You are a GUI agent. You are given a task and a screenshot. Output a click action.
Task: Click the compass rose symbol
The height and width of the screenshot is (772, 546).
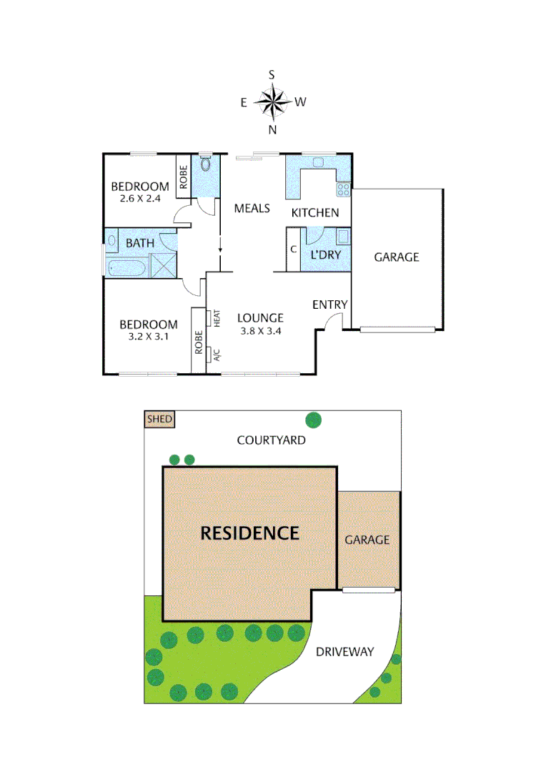coord(272,102)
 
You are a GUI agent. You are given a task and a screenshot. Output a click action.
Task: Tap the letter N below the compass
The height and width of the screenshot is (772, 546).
coord(272,129)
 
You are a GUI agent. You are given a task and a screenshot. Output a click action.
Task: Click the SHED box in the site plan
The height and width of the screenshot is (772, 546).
coord(159,419)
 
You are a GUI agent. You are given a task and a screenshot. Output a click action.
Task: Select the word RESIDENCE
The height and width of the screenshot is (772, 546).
coord(249,533)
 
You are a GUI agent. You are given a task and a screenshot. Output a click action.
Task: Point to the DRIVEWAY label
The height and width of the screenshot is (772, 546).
coord(345,652)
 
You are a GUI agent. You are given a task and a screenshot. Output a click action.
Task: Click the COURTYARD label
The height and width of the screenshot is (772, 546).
coord(271,440)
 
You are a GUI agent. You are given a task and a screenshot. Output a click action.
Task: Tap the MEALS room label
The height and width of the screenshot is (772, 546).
coord(252,208)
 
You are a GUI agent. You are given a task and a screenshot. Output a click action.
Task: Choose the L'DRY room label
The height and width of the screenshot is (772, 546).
coord(325,254)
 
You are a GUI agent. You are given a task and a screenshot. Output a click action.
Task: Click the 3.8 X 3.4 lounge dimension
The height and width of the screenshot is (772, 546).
coord(260,331)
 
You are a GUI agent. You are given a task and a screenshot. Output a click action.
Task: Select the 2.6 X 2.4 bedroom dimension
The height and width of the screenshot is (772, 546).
coord(139,199)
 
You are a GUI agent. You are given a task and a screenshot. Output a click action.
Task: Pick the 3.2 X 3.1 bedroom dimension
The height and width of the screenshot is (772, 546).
coord(149,337)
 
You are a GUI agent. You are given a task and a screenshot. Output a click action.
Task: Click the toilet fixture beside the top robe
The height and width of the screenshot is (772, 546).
coord(206,165)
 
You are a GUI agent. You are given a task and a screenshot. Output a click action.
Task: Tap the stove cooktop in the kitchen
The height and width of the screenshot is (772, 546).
coord(344,189)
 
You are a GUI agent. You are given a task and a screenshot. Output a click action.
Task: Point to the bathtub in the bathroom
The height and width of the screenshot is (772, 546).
coord(127,269)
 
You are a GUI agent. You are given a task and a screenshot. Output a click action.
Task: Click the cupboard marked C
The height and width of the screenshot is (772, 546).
coord(293,249)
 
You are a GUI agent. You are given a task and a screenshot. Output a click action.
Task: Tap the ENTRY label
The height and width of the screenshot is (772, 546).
coord(329,305)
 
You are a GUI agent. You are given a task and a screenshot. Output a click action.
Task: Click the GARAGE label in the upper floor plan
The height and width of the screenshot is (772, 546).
coord(396,257)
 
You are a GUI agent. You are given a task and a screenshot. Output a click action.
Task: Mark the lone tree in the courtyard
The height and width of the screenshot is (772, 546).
coord(313,420)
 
